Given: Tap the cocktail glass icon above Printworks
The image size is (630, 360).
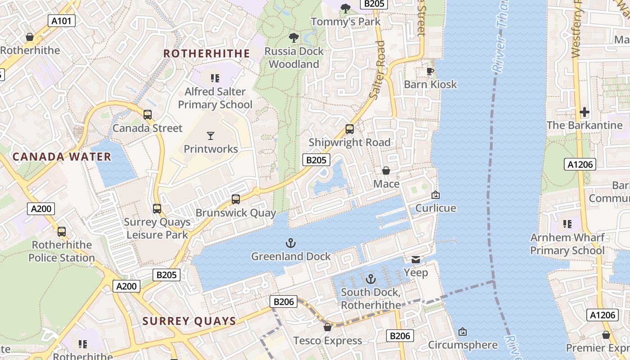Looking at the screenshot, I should tap(210, 135).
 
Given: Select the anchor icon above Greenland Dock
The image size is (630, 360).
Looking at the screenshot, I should tap(291, 243).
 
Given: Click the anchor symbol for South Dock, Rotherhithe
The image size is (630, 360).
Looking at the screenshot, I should tap(370, 279).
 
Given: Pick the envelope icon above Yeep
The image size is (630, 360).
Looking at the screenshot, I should tap(416, 260).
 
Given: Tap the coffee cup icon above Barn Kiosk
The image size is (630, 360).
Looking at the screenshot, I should tap(430, 71).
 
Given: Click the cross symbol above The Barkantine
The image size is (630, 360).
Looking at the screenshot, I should tap(585, 112).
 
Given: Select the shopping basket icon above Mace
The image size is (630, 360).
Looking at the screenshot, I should tap(386, 171).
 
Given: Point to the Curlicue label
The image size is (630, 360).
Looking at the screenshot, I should tap(435, 208).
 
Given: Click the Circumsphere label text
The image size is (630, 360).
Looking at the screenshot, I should tap(463, 345).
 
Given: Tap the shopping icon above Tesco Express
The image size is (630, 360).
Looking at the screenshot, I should tap(328, 327).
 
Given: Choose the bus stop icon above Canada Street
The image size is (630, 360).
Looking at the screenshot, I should tap(148, 115).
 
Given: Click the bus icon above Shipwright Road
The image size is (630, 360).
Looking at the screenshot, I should tap(350, 129).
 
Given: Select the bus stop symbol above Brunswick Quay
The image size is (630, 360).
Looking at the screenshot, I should tap(235, 199).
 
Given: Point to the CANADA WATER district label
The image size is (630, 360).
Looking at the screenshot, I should tap(62, 157).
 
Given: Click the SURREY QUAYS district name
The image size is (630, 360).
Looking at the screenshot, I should tap(189, 321).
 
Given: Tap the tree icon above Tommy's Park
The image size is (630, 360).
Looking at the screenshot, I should tap(346, 8).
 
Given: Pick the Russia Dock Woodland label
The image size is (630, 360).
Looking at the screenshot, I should tap(294, 58).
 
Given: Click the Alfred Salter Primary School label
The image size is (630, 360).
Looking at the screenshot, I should tap(215, 98).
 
